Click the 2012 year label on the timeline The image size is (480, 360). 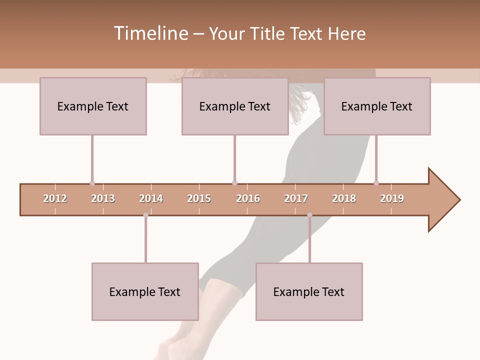55,198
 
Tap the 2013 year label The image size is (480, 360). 103,198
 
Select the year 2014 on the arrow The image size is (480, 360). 151,198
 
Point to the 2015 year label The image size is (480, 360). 199,198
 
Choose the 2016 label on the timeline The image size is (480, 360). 248,198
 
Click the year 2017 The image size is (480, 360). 296,198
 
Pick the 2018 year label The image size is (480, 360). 344,198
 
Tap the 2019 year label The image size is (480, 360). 392,198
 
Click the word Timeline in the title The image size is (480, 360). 150,33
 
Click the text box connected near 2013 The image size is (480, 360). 93,106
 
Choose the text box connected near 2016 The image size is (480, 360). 235,106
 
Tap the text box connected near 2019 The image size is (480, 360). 377,106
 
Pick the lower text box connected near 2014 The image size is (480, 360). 145,291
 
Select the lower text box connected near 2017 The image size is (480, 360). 309,291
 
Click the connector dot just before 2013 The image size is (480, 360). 92,183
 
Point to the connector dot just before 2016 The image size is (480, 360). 234,183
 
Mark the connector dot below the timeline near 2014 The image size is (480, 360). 145,215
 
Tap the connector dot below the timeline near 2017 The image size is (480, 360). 309,215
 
